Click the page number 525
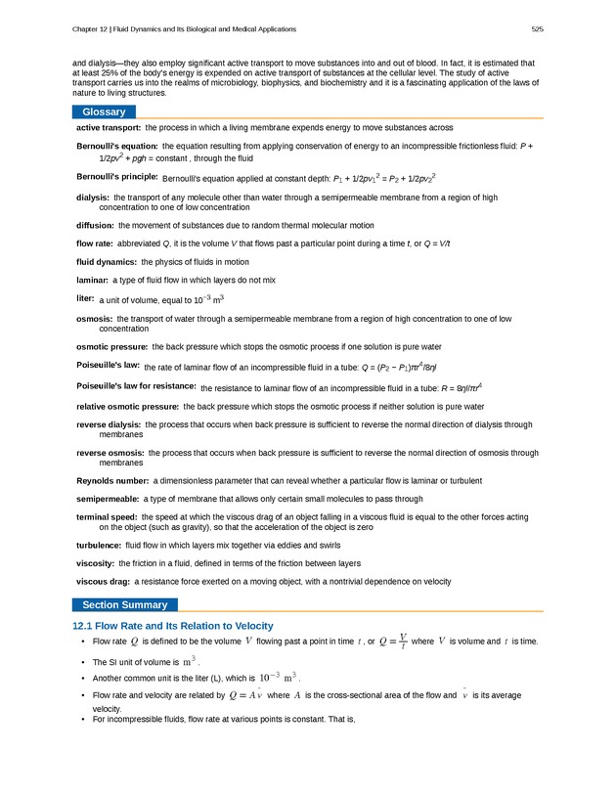(x=537, y=28)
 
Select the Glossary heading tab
(x=104, y=112)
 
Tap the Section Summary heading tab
(x=124, y=605)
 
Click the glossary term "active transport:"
(x=109, y=128)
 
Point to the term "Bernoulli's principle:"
(x=117, y=177)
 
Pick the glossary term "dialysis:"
(x=93, y=198)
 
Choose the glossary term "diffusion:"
(x=96, y=225)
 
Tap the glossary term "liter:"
(x=85, y=297)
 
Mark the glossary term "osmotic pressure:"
(x=112, y=346)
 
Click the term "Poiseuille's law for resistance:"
(x=136, y=385)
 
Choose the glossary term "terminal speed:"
(x=107, y=516)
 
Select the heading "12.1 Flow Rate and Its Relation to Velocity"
(x=173, y=626)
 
